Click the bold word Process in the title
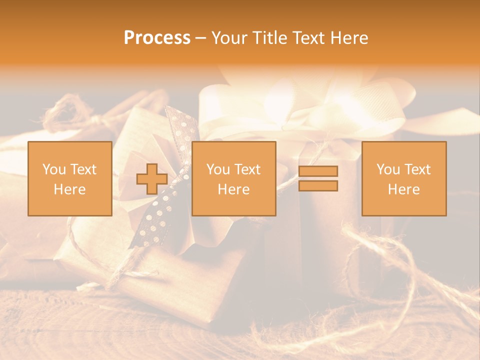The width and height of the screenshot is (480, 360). [x=157, y=38]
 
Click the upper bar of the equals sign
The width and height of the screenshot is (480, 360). [x=318, y=171]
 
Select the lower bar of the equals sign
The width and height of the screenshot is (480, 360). [x=318, y=186]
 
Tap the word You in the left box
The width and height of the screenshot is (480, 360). [x=53, y=169]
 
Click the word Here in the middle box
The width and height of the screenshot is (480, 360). [x=234, y=189]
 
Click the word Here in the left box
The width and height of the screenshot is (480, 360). [x=70, y=189]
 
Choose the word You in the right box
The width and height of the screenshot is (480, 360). [x=388, y=169]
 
